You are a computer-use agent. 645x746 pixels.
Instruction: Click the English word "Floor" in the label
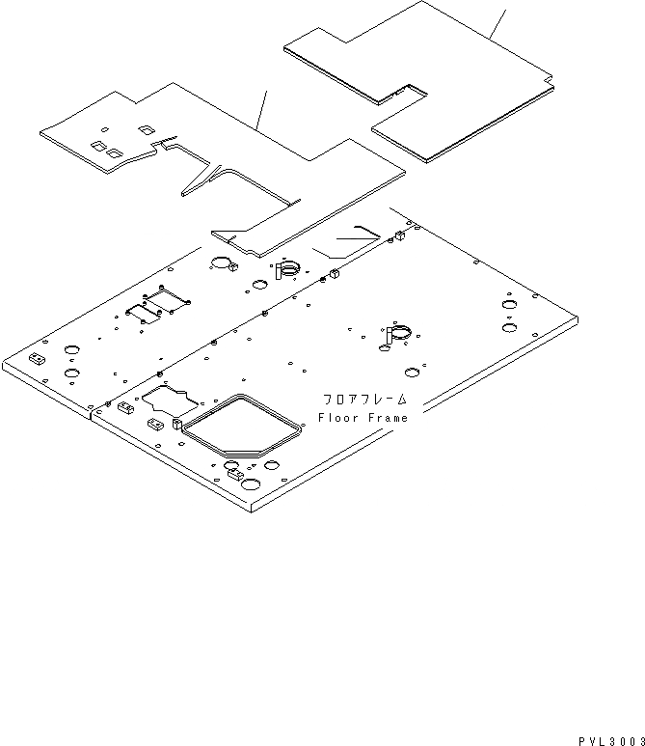click(x=338, y=417)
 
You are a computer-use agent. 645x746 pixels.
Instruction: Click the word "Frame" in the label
click(x=386, y=417)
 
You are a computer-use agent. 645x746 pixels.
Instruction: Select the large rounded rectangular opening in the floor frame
click(x=244, y=426)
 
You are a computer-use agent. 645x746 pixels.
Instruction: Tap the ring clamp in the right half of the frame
click(x=397, y=333)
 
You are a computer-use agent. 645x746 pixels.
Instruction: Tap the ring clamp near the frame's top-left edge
click(x=287, y=271)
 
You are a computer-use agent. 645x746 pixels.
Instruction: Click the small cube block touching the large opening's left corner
click(x=177, y=422)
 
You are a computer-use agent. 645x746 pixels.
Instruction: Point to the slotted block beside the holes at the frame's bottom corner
click(x=232, y=473)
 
